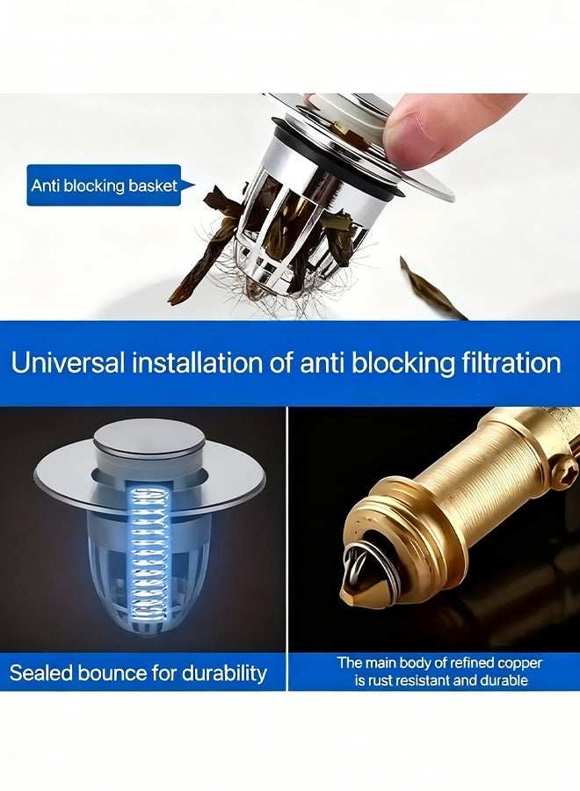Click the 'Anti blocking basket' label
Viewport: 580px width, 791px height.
[104, 185]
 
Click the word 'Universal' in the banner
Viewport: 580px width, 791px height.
[68, 363]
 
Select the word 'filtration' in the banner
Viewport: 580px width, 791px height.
[501, 363]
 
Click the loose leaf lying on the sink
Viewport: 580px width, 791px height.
[431, 289]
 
